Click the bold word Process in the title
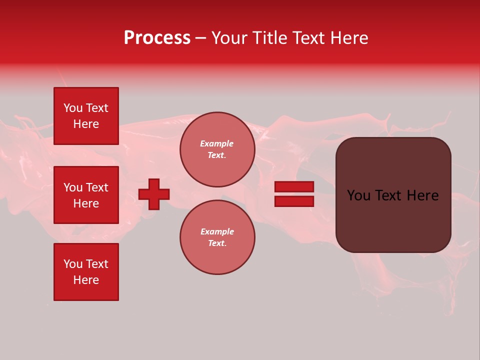[x=157, y=38]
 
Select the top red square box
[x=86, y=116]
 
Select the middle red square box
[x=86, y=195]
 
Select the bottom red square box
[x=86, y=272]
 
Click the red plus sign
[x=154, y=194]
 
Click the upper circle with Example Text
[x=217, y=149]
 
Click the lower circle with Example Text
[x=217, y=237]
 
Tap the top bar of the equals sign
[x=294, y=186]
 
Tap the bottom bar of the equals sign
[x=294, y=201]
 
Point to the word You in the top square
[x=73, y=108]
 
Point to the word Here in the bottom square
[x=86, y=280]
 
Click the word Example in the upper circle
[x=217, y=143]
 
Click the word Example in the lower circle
[x=217, y=231]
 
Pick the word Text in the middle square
[x=97, y=187]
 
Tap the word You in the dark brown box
[x=358, y=195]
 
